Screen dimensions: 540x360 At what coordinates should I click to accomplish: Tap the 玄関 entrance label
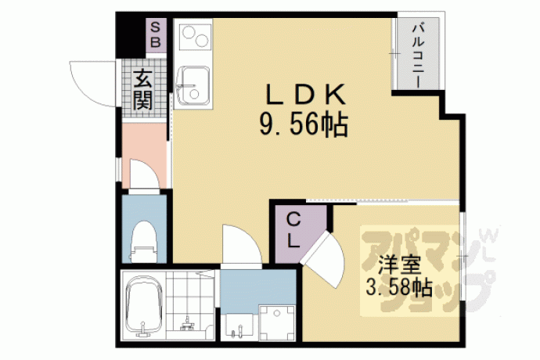(143, 90)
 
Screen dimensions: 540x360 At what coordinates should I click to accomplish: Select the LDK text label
(305, 95)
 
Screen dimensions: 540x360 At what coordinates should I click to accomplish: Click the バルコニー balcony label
(418, 55)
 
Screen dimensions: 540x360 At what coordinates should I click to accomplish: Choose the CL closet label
(293, 231)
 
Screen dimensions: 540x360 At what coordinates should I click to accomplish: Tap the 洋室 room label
(399, 265)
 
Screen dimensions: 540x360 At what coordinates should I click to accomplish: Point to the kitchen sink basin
(193, 85)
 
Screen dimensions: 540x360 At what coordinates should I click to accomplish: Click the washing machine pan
(277, 322)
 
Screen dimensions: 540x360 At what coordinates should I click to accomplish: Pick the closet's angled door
(322, 259)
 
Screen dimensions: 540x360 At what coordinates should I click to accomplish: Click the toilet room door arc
(145, 174)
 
